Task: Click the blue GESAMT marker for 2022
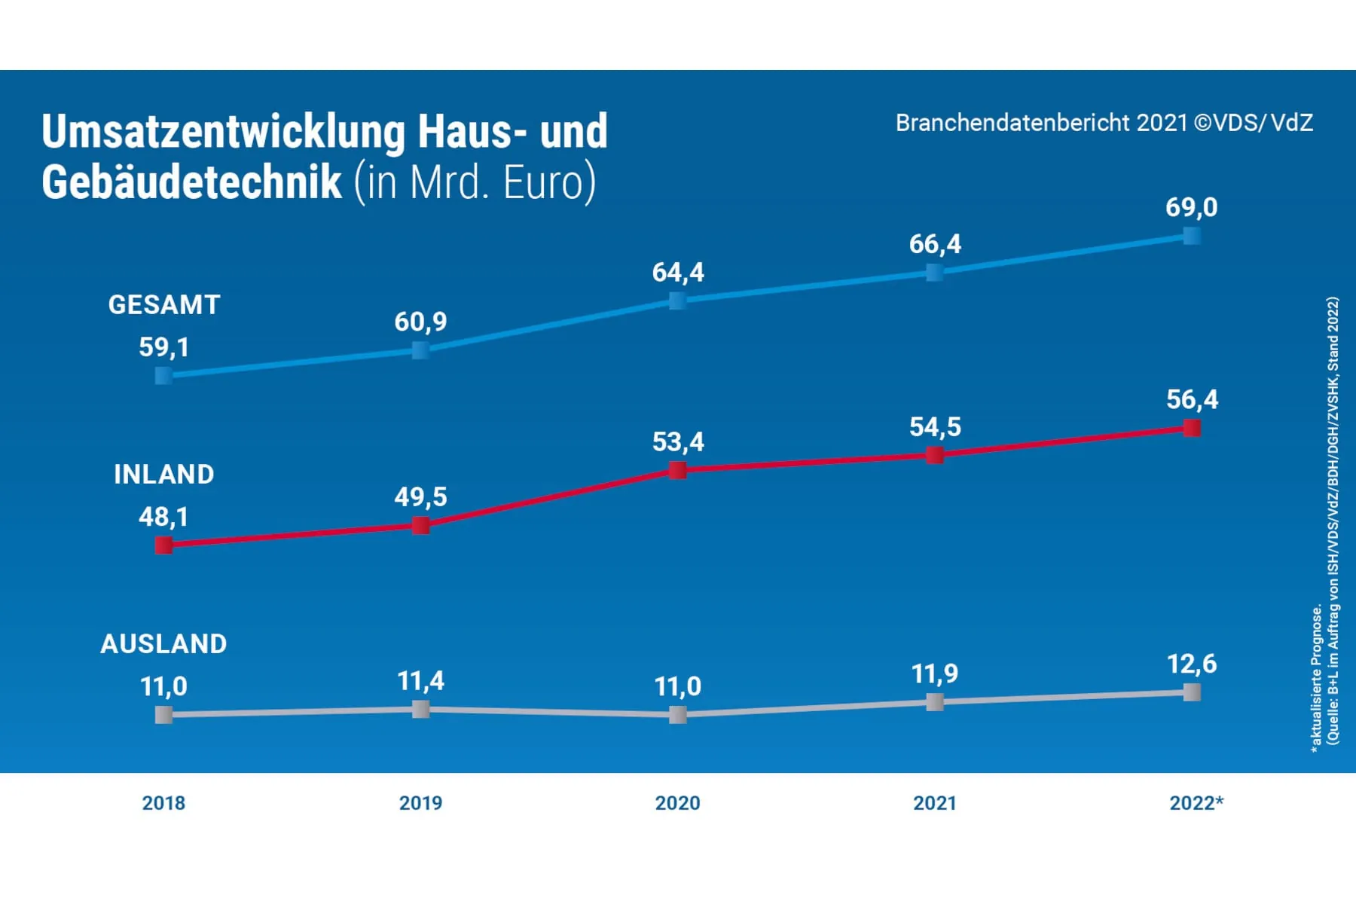1192,236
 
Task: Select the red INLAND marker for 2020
678,470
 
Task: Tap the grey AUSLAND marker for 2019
421,709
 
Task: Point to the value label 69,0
1191,207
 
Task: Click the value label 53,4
678,441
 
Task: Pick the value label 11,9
934,673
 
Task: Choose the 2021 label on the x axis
934,803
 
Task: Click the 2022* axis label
1196,803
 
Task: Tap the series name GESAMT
164,305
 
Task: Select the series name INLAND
164,475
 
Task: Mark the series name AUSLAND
163,644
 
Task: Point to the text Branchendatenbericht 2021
1040,123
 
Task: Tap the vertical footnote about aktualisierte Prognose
1317,678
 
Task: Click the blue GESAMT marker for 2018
163,375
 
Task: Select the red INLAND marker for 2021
935,455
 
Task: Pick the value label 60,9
420,322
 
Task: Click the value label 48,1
163,517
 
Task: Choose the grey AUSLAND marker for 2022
1192,692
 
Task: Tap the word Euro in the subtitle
542,183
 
